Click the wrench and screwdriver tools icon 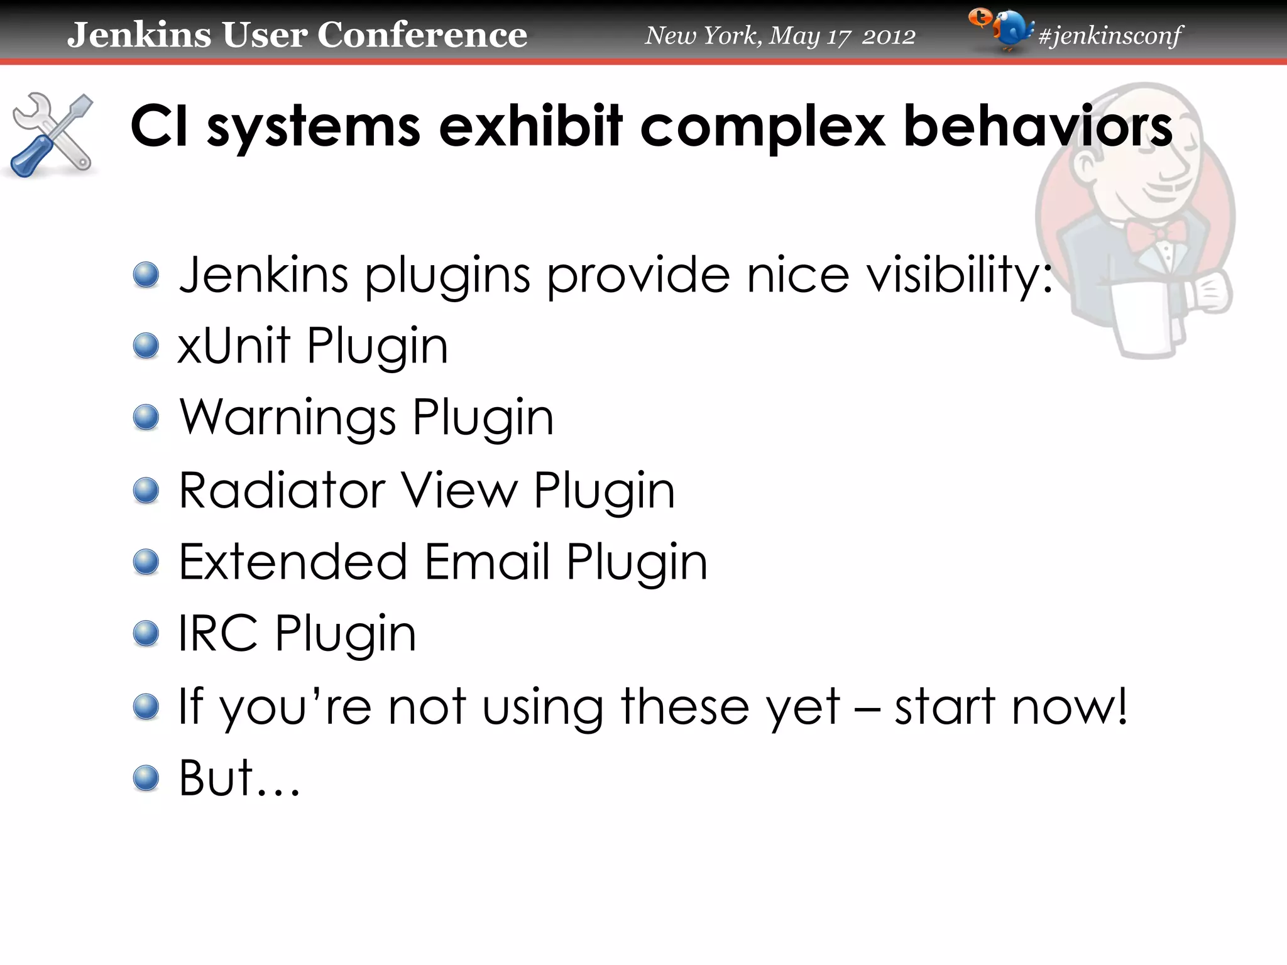[x=52, y=134]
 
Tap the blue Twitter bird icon [x=1010, y=30]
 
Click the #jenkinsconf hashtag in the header [x=1110, y=36]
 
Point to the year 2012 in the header [x=889, y=36]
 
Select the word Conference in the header [x=422, y=35]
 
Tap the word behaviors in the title [x=1038, y=127]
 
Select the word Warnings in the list [x=287, y=418]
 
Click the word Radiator [x=282, y=490]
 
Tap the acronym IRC [x=217, y=633]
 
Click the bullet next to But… [x=146, y=778]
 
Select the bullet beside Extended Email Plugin [x=146, y=562]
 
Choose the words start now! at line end [x=1011, y=706]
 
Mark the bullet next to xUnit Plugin [x=146, y=346]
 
